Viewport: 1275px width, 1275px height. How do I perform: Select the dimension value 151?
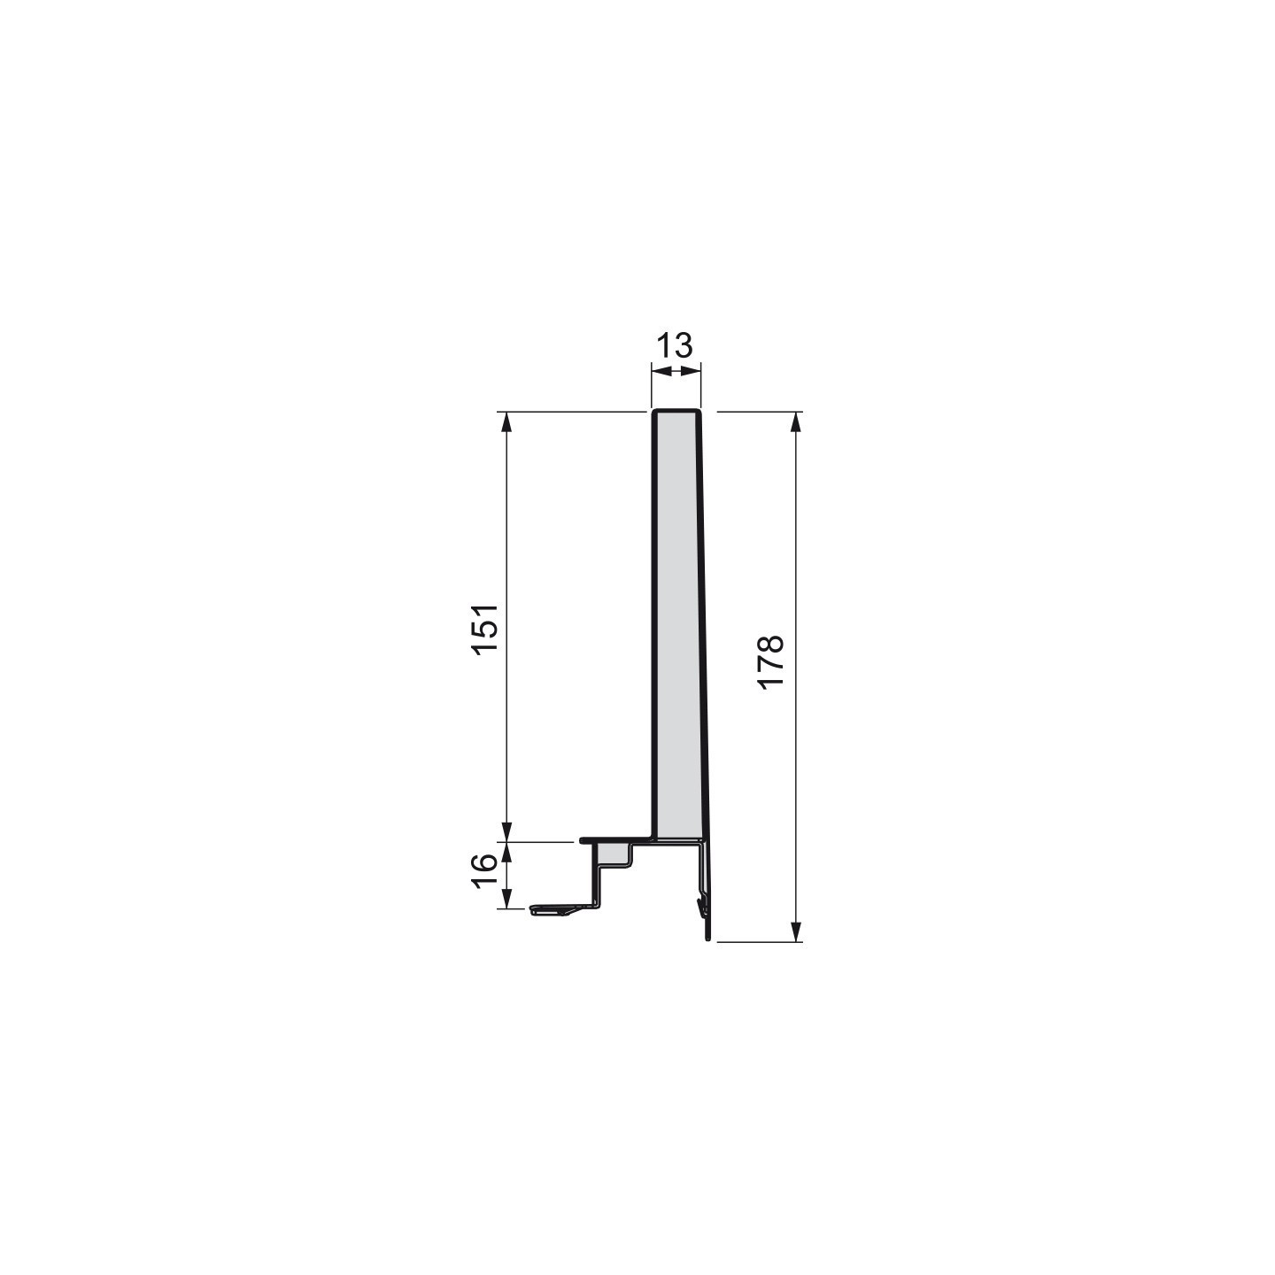coord(486,629)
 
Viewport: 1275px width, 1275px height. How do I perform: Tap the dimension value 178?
coord(771,661)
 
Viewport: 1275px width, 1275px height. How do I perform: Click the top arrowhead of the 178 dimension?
coord(796,421)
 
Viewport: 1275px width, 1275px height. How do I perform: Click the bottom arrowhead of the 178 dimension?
coord(796,931)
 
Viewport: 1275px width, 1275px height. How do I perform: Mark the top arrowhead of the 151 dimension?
coord(507,421)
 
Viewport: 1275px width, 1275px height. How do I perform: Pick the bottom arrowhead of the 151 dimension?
coord(507,831)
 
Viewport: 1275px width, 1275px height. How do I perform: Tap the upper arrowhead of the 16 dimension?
coord(507,851)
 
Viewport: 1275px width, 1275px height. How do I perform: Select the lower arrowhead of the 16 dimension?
coord(507,900)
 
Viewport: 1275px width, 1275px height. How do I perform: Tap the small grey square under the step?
coord(613,854)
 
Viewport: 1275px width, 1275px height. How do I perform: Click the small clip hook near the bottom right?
coord(702,905)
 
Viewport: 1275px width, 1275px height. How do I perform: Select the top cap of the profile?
coord(676,411)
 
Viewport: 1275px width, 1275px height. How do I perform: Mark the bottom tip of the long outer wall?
coord(707,938)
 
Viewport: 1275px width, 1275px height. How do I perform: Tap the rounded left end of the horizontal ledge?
coord(583,839)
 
